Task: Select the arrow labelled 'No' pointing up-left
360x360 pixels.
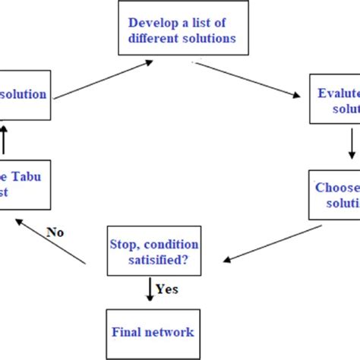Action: pos(52,242)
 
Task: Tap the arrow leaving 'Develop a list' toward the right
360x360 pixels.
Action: pos(258,81)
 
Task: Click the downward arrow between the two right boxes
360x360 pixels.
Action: pos(351,144)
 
